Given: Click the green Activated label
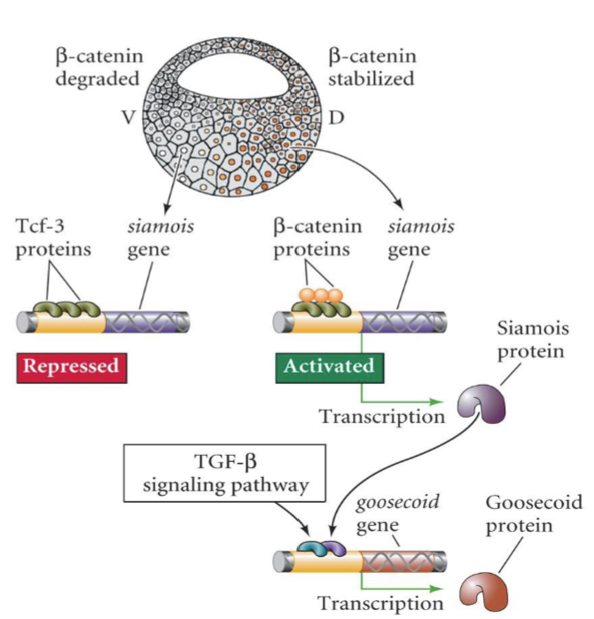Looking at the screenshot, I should (329, 366).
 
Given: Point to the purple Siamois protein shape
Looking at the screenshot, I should (479, 406).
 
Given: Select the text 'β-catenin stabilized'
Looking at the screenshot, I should (372, 67).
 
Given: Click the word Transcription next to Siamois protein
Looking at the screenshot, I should (382, 415).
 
